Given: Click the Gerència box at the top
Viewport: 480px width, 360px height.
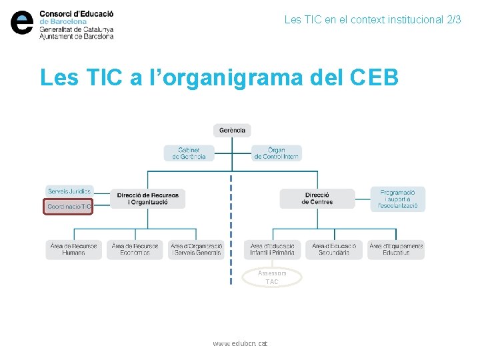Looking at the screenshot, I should pos(232,131).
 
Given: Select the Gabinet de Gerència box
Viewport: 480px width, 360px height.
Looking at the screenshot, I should pos(189,153).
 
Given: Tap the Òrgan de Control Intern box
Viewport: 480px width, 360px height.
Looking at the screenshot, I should pos(277,153).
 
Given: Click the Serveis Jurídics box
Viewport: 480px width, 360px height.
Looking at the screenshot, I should pos(69,191).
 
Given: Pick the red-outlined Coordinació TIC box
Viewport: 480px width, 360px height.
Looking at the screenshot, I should pos(69,207).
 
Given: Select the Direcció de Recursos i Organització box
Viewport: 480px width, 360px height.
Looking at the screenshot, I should pos(147,199).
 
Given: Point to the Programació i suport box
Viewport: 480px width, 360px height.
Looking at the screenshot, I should pos(397,199).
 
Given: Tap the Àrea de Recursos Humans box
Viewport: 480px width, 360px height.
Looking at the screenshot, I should pos(73,249).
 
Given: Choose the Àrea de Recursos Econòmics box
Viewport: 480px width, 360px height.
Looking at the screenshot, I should pos(135,249).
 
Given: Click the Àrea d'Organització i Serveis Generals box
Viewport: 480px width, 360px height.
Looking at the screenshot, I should pos(196,249).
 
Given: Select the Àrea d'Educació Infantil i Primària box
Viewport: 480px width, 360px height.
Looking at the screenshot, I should pos(273,249).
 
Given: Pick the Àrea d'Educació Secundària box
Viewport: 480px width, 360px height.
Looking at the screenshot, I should pos(334,249).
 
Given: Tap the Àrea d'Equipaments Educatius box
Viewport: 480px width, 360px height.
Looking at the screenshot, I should pos(396,249).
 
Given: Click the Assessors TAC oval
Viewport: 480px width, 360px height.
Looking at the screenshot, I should pos(272,277).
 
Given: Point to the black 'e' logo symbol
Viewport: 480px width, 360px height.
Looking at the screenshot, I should pos(22,23).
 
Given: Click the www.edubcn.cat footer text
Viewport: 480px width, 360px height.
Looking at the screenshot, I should pos(240,343).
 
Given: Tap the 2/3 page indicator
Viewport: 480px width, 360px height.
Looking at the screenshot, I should pos(453,20).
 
